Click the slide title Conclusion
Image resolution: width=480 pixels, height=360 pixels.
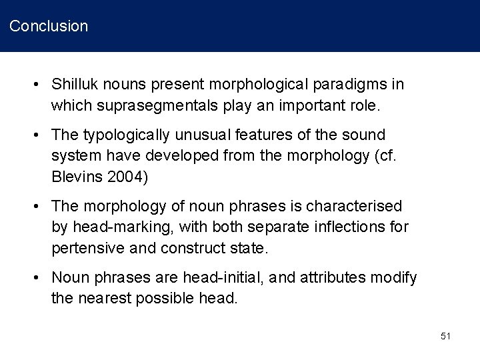(49, 27)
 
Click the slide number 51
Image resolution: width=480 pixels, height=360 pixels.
(445, 337)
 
